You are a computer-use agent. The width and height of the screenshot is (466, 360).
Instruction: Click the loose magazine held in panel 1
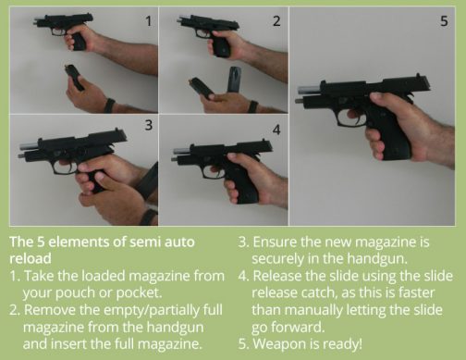click(75, 77)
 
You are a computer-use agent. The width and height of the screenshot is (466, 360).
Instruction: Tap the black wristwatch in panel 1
click(108, 106)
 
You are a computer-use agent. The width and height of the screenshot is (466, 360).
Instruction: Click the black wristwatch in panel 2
click(251, 106)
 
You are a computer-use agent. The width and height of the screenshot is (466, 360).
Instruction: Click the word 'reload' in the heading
click(30, 258)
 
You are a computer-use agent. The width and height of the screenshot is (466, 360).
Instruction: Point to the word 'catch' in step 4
click(328, 292)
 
